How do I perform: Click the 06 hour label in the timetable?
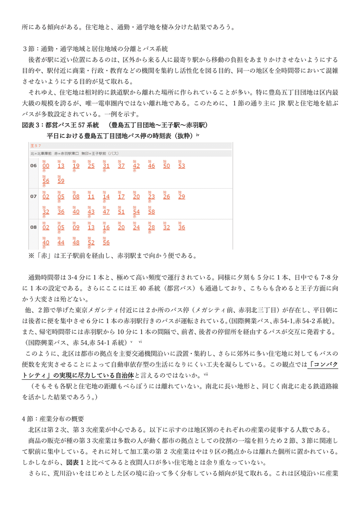[x=33, y=166]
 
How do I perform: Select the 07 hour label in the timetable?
[x=33, y=197]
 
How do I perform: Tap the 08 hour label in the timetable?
[x=33, y=227]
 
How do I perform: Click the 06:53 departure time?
[x=181, y=166]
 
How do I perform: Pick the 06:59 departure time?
[x=61, y=181]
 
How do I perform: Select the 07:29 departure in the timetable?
[x=181, y=197]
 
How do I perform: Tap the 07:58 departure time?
[x=151, y=212]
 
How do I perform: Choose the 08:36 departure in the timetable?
[x=181, y=227]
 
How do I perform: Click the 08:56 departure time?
[x=106, y=243]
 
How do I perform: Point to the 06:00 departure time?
[x=46, y=166]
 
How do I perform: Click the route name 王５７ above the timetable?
[x=35, y=146]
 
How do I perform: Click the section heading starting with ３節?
[x=95, y=49]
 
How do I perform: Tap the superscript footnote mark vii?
[x=206, y=372]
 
